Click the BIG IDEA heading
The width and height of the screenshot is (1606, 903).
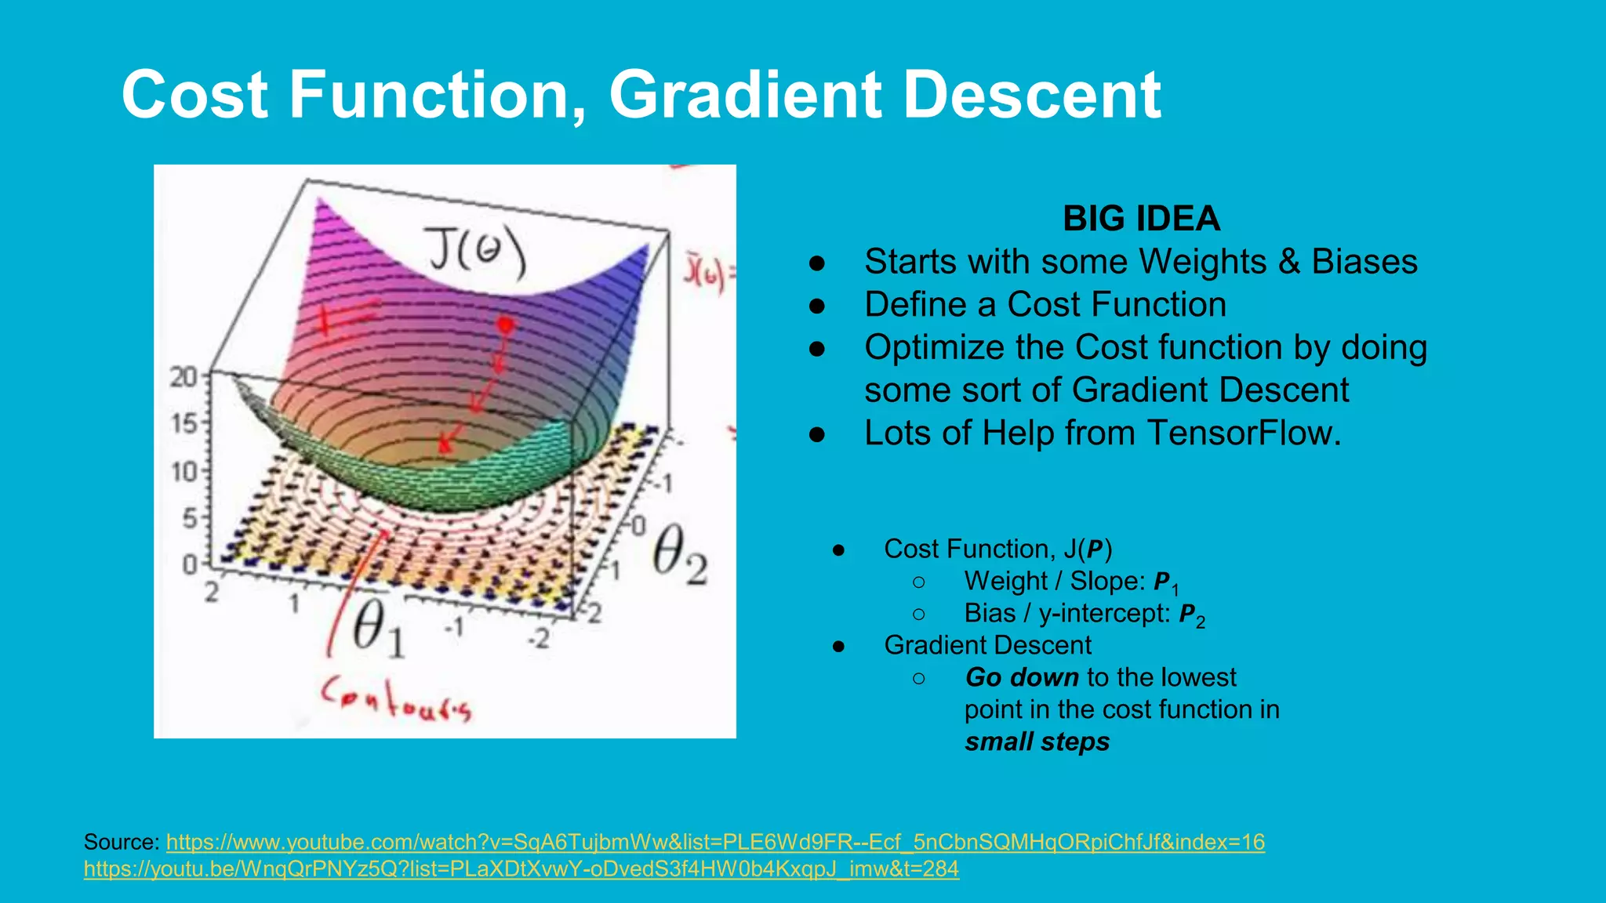coord(1141,219)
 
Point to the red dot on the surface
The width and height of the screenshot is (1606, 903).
coord(506,324)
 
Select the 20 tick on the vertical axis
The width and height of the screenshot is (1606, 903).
coord(184,378)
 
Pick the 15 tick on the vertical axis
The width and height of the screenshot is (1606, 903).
coord(184,425)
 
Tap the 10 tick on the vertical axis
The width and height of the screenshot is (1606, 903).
coord(184,472)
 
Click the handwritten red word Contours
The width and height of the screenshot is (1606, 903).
coord(396,699)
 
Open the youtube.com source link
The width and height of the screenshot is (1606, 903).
coord(715,842)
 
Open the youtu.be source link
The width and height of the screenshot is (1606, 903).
coord(521,869)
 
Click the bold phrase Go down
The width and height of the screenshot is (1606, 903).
coord(1022,677)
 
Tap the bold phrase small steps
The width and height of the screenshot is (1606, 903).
coord(1037,742)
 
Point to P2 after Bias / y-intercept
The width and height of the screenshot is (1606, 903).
coord(1192,615)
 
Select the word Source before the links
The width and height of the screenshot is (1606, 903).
coord(122,842)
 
